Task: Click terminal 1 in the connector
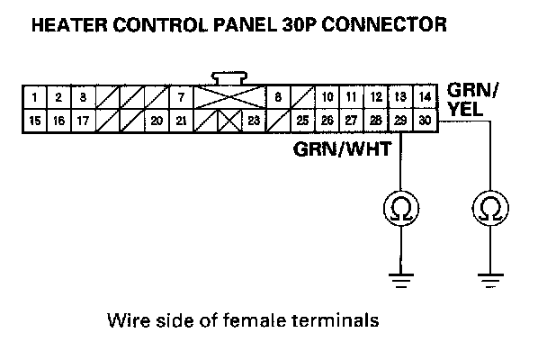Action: tap(33, 96)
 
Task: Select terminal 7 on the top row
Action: tap(182, 96)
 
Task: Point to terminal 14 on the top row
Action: tap(425, 96)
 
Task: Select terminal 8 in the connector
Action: tap(279, 96)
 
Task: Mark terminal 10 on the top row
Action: tap(327, 96)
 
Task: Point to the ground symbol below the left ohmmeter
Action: tap(399, 279)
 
